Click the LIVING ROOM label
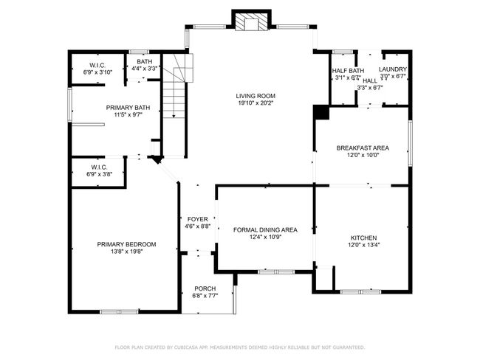256,96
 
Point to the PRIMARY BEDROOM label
126,244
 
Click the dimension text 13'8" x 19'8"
126,252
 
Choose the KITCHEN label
363,238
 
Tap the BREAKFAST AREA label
363,148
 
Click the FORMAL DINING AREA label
265,229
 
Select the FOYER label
197,219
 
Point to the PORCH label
205,288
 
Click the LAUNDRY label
393,69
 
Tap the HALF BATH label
347,70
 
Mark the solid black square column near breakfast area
321,112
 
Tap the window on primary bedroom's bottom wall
119,311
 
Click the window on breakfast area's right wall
410,139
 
